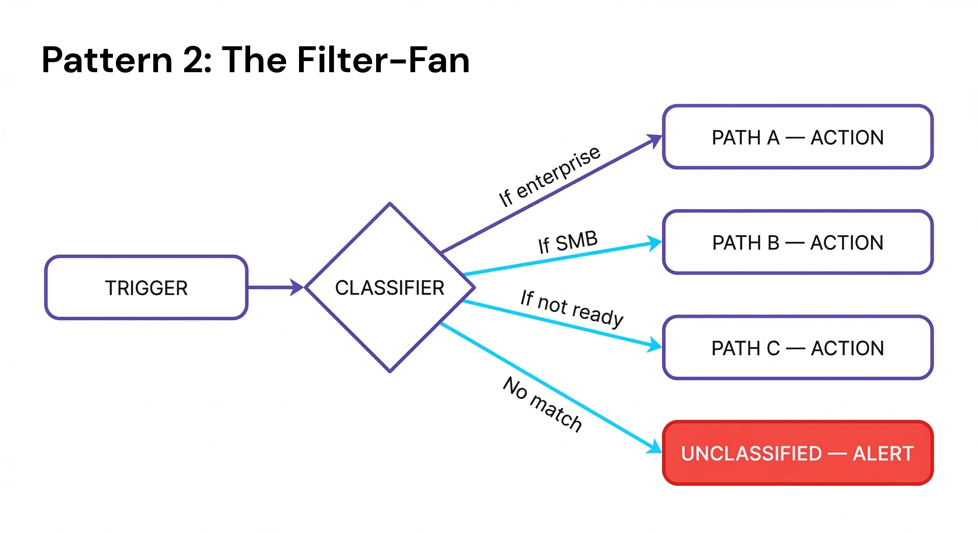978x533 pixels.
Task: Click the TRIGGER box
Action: [146, 288]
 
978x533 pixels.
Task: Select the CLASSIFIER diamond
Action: [390, 288]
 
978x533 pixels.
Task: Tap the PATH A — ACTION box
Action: [798, 137]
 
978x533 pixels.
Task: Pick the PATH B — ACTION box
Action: [798, 243]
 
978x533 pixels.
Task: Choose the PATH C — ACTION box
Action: [798, 348]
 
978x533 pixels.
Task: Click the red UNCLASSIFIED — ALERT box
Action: [798, 453]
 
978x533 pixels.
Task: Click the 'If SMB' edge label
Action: [568, 242]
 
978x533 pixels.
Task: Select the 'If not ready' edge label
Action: [572, 308]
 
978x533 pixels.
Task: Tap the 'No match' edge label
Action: [542, 404]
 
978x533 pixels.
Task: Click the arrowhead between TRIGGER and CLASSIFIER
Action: [297, 287]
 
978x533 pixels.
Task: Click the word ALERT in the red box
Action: [883, 453]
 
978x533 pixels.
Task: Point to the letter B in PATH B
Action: [773, 243]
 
